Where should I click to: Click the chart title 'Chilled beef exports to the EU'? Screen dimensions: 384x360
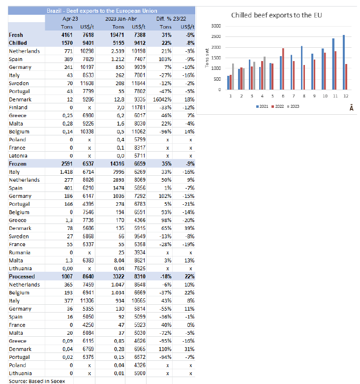(x=276, y=16)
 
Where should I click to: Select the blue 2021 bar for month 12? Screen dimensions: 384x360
(x=343, y=63)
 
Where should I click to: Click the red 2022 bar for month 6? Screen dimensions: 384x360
(x=283, y=69)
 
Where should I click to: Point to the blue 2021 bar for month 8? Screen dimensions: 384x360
(x=301, y=67)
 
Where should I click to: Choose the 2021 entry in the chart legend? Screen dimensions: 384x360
(x=261, y=106)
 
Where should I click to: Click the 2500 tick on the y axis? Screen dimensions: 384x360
(x=215, y=36)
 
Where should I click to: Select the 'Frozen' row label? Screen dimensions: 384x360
(x=18, y=164)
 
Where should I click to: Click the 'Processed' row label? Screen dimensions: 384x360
(x=21, y=277)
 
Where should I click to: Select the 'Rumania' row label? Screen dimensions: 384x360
(x=20, y=253)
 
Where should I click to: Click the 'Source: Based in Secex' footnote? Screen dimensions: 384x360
(x=30, y=381)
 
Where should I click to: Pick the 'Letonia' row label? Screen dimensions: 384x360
(x=19, y=156)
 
